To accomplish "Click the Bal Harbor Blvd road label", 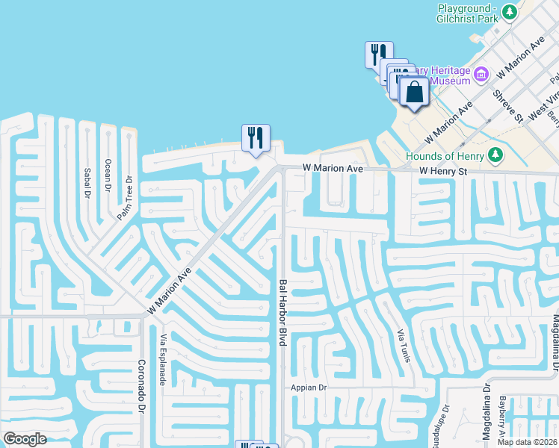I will [x=283, y=312].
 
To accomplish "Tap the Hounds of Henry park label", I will [x=445, y=156].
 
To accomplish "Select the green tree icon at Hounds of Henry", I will [x=494, y=155].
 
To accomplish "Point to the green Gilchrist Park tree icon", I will [x=510, y=12].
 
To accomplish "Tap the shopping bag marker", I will [x=414, y=93].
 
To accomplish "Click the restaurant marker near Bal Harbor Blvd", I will [x=255, y=137].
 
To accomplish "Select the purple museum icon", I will [x=481, y=73].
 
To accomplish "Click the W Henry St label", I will [x=442, y=172].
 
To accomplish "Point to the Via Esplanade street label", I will [x=163, y=359].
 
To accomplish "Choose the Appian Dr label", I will [x=309, y=388].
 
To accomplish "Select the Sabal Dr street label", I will [x=87, y=182].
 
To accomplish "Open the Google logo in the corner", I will [x=25, y=439].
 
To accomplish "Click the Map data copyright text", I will [x=528, y=442].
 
